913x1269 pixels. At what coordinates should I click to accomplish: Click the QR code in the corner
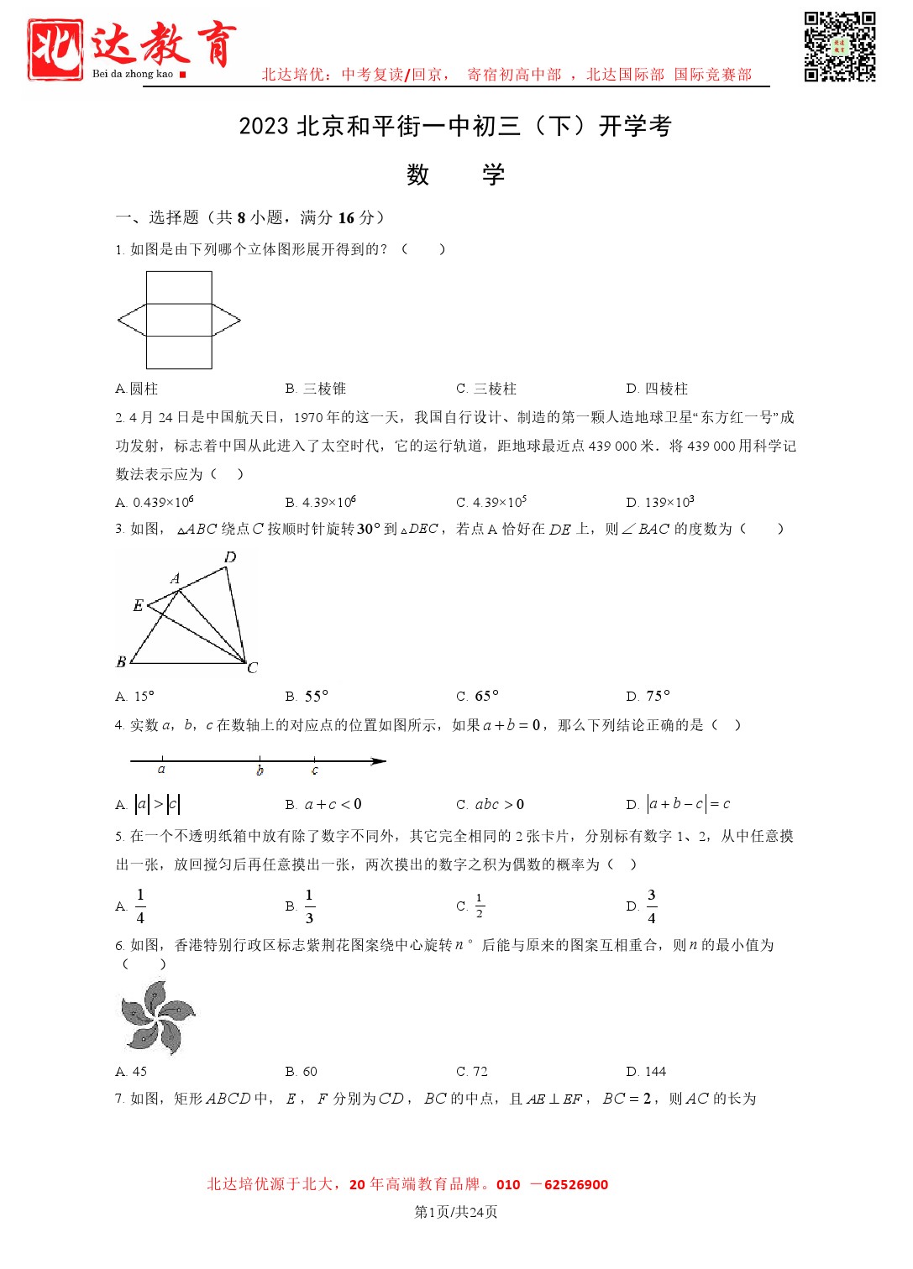(x=839, y=46)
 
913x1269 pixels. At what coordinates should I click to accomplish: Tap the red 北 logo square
(x=55, y=50)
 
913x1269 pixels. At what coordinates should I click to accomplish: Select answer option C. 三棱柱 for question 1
(x=486, y=389)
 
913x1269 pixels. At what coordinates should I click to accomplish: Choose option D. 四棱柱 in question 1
(x=657, y=389)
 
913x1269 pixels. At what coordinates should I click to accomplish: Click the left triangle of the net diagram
(x=133, y=320)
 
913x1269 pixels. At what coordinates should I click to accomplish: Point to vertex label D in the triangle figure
(x=230, y=557)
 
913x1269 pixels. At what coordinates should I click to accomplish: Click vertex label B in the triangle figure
(x=121, y=662)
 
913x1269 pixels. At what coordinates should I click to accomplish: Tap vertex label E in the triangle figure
(x=138, y=605)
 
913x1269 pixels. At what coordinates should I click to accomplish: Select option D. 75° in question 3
(x=648, y=696)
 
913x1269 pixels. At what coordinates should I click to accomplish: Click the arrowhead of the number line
(x=379, y=761)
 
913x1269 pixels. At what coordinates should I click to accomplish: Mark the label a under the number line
(x=161, y=770)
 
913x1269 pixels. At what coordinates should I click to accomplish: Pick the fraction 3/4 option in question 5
(x=651, y=906)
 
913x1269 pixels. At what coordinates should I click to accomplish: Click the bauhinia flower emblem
(x=157, y=1018)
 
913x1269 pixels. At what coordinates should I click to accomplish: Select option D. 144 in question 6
(x=646, y=1071)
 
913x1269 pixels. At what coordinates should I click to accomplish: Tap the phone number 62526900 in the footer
(x=575, y=1184)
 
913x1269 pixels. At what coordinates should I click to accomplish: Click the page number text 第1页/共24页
(x=456, y=1211)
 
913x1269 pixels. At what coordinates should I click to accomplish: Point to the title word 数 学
(x=456, y=175)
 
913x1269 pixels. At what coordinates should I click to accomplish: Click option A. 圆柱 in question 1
(x=137, y=389)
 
